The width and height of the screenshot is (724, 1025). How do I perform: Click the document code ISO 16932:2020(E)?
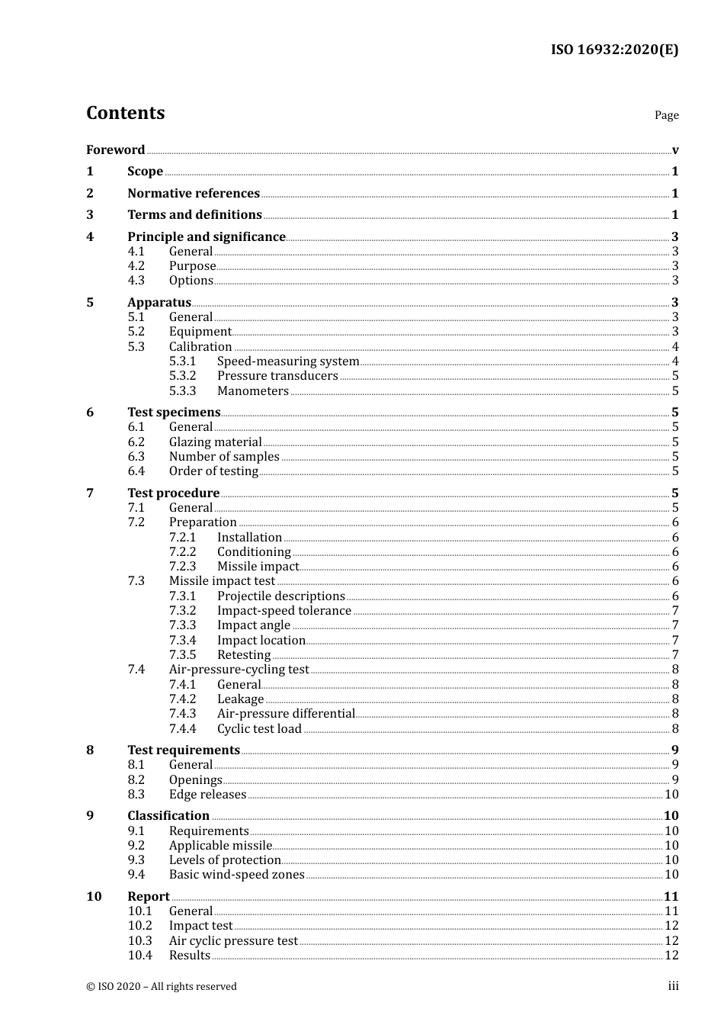coord(614,50)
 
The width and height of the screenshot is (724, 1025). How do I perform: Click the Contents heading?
coord(125,113)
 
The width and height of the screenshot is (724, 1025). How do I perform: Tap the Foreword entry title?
coord(115,149)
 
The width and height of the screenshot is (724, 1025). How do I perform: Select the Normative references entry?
coord(194,193)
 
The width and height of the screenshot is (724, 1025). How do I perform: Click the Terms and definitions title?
coord(194,214)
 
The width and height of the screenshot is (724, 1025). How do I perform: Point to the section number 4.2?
coord(136,265)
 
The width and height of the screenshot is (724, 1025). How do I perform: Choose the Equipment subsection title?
coord(200,331)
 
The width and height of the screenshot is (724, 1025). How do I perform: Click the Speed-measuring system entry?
coord(287,361)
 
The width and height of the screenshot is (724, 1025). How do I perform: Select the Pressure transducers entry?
coord(277,375)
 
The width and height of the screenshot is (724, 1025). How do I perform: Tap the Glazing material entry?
coord(215,442)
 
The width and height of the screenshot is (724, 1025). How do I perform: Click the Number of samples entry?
coord(224,456)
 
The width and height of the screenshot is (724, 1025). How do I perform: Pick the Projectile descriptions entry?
coord(280,596)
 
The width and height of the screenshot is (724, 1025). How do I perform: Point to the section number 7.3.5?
coord(182,654)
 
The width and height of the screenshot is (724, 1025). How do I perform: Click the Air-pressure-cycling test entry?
coord(239,669)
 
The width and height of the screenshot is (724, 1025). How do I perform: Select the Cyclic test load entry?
coord(259,728)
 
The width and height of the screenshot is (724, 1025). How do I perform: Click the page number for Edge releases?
coord(671,794)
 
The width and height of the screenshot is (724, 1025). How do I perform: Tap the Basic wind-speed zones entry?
coord(236,874)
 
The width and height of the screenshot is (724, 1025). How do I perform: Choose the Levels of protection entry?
coord(225,860)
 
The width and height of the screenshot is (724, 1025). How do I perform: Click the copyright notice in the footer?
coord(162,986)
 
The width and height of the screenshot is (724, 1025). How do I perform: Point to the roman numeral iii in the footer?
coord(673,986)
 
